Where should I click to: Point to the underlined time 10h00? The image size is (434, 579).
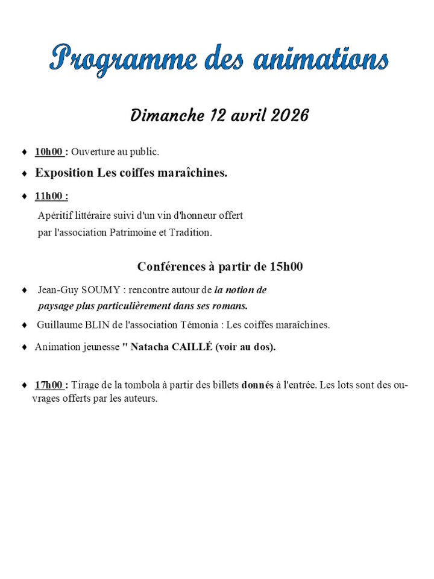pos(49,151)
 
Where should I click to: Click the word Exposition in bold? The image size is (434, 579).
pos(64,173)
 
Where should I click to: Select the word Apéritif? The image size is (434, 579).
pos(55,215)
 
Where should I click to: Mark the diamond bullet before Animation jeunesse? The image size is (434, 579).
pos(24,347)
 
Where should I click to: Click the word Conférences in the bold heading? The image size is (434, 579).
pos(171,266)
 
